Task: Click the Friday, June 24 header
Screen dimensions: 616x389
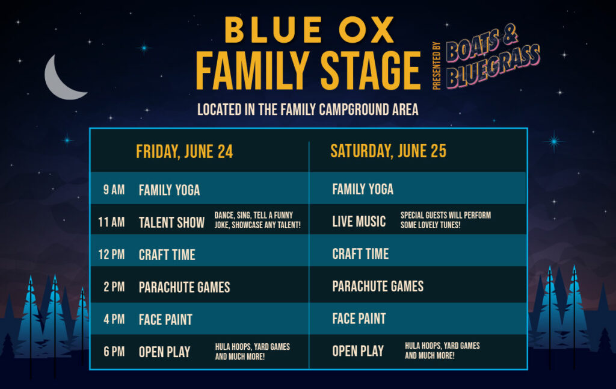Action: coord(184,152)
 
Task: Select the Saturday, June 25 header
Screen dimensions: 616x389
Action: coord(388,151)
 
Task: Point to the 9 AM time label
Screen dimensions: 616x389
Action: coord(114,190)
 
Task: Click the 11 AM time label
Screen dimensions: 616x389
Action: coord(111,222)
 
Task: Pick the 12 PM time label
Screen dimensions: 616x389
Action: coord(111,255)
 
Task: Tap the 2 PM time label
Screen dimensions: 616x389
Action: coord(114,287)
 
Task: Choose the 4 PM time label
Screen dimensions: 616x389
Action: coord(114,319)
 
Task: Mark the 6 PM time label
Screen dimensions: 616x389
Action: coord(114,351)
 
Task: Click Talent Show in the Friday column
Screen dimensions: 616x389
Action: coord(171,223)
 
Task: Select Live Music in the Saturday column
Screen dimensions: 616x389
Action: coord(359,222)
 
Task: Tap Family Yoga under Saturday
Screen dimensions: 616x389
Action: coord(363,189)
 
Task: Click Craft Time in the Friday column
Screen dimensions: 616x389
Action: coord(167,255)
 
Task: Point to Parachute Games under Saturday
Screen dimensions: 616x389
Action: coord(378,287)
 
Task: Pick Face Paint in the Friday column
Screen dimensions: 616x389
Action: coord(165,319)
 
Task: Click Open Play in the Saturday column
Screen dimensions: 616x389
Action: coord(358,351)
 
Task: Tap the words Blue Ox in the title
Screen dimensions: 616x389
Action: coord(309,30)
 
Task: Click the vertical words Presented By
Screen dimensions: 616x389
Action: coord(437,66)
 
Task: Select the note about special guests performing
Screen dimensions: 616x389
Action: coord(446,220)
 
